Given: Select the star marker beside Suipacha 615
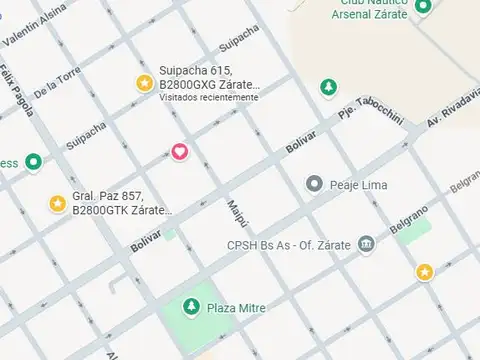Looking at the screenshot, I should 144,83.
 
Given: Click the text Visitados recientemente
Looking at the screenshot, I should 209,98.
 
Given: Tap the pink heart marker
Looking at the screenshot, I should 179,151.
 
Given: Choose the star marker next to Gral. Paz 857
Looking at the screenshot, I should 58,204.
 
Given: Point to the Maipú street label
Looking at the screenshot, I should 234,213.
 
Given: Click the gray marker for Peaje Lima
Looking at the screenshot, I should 315,184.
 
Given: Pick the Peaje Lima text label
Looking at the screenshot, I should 360,185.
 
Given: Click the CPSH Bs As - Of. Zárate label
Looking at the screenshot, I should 290,244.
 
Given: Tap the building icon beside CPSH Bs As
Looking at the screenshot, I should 366,244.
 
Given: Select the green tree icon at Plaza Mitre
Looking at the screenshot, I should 191,307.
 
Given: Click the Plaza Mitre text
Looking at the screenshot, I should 236,308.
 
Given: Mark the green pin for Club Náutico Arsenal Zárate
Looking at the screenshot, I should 423,7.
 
